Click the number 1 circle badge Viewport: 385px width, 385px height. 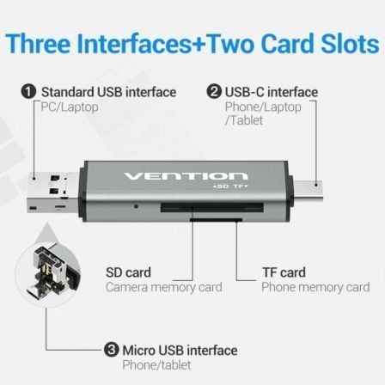point(28,92)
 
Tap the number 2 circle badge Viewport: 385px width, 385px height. point(214,92)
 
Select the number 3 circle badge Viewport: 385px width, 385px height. point(112,350)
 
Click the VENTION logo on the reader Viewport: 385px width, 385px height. point(186,175)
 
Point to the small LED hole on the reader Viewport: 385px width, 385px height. point(137,206)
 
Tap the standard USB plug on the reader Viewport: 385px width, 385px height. point(52,192)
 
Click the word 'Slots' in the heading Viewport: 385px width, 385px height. point(350,44)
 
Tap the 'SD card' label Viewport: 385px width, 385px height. point(128,272)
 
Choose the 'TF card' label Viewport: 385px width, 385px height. point(284,272)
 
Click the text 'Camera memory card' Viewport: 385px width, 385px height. point(164,287)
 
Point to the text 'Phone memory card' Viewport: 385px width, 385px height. point(315,287)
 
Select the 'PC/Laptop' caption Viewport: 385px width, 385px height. point(70,107)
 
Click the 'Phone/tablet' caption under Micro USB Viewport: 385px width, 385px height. point(156,365)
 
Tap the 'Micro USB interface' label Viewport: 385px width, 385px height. point(180,351)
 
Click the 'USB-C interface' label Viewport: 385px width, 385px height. point(272,92)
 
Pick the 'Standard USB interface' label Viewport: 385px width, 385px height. point(108,92)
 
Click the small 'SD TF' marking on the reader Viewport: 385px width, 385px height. point(230,186)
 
